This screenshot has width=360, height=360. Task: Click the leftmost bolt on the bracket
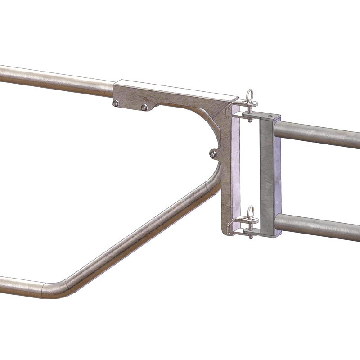pyautogui.click(x=116, y=104)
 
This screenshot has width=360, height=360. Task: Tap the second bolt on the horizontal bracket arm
pyautogui.click(x=144, y=107)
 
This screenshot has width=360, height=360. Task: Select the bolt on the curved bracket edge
pyautogui.click(x=213, y=154)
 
